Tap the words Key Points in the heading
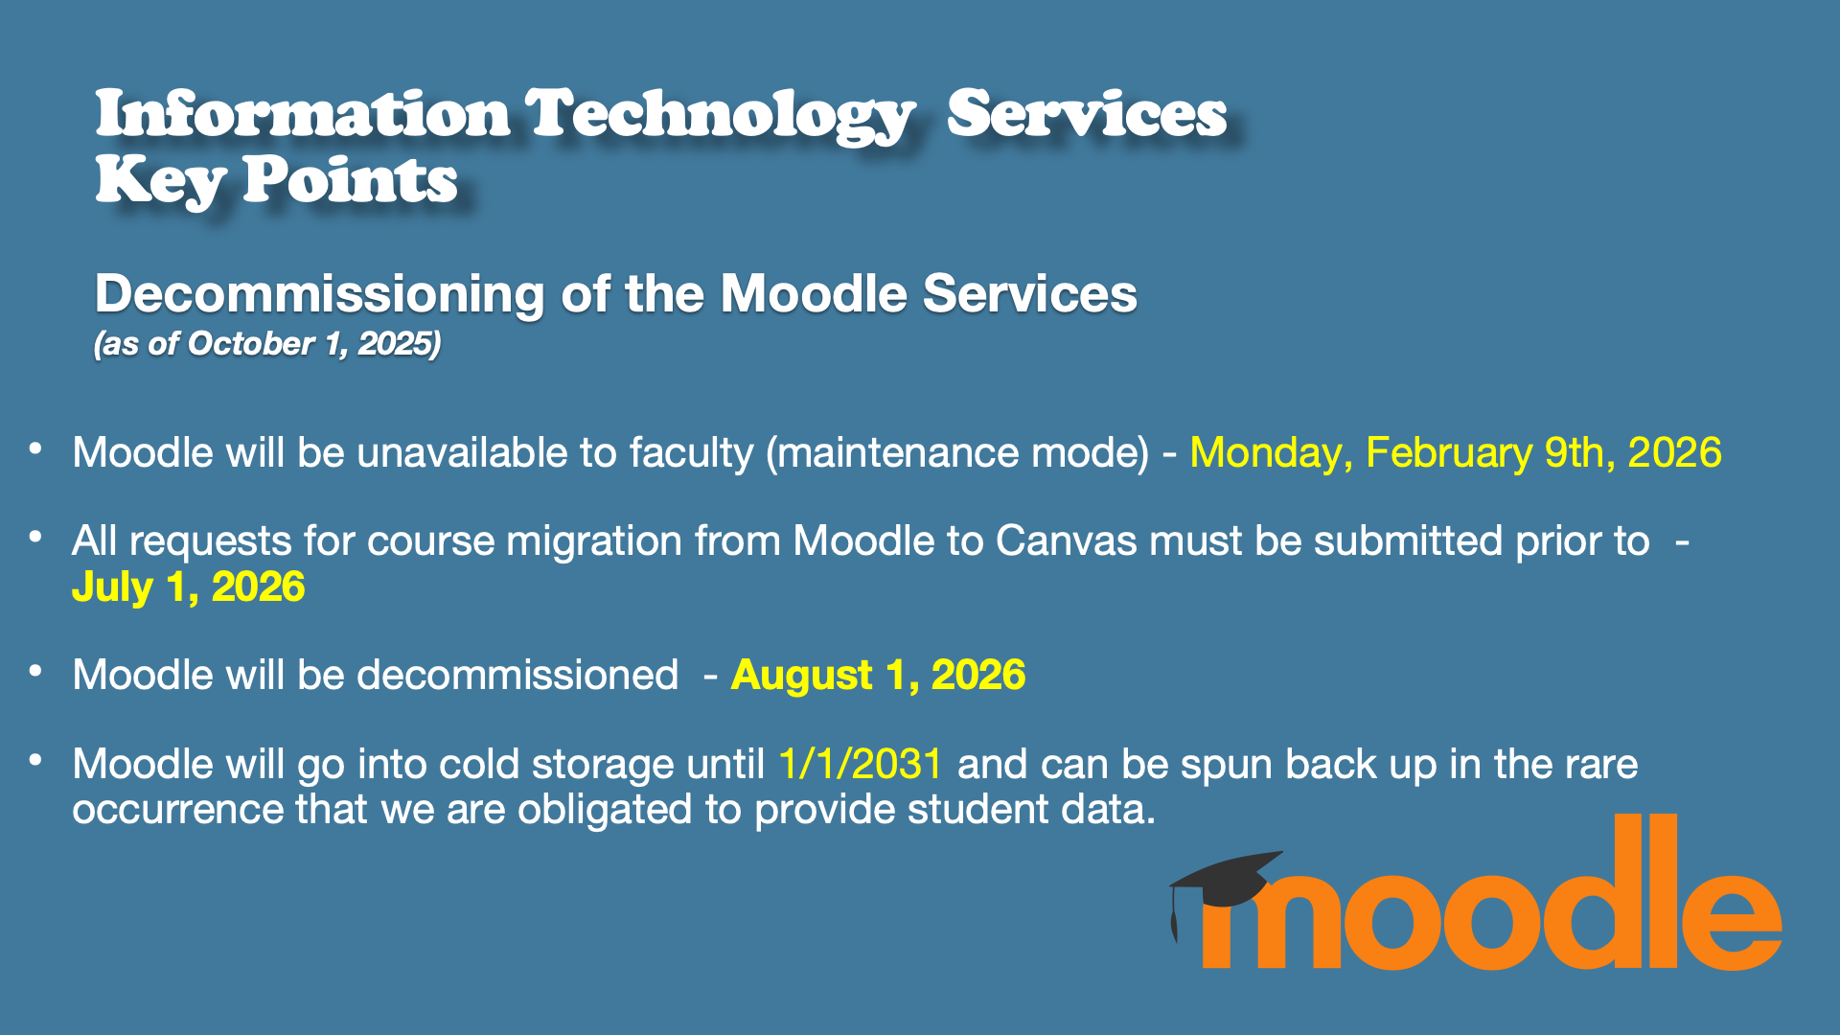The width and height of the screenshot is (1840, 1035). tap(276, 180)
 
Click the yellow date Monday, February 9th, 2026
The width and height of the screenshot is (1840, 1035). tap(1455, 452)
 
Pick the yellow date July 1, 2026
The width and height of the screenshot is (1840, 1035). tap(188, 586)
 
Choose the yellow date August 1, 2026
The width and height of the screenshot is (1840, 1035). tap(878, 675)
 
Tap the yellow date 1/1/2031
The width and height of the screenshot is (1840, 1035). tap(861, 764)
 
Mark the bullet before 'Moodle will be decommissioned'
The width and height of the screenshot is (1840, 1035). tap(35, 672)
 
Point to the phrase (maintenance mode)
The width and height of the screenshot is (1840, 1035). tap(956, 452)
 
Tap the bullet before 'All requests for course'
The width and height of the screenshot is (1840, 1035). tap(35, 538)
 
